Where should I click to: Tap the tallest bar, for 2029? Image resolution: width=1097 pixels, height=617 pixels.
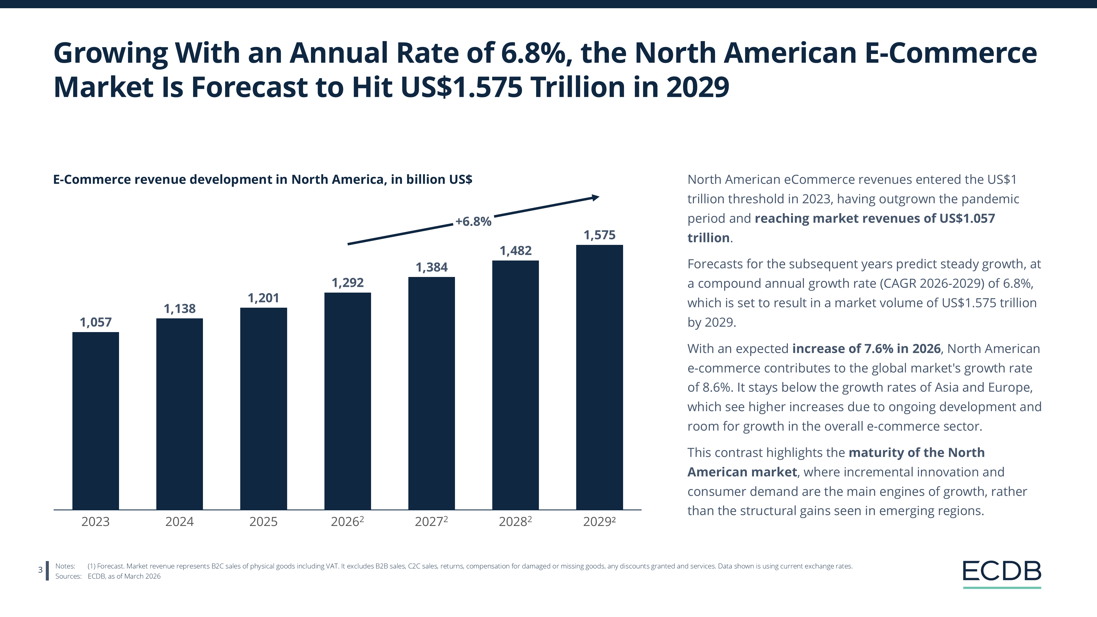599,377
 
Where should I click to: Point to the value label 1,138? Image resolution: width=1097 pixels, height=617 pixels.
179,309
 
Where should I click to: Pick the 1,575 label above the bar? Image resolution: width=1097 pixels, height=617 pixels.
599,235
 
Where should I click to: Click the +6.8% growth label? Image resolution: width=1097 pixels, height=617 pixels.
473,221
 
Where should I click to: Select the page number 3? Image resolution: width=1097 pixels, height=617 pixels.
41,570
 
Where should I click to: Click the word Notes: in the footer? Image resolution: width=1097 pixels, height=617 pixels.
65,566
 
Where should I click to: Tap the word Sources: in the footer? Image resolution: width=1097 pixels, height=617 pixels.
68,576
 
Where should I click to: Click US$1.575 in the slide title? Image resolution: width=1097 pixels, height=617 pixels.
461,87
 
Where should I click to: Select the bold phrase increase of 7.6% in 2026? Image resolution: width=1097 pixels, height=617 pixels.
866,349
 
